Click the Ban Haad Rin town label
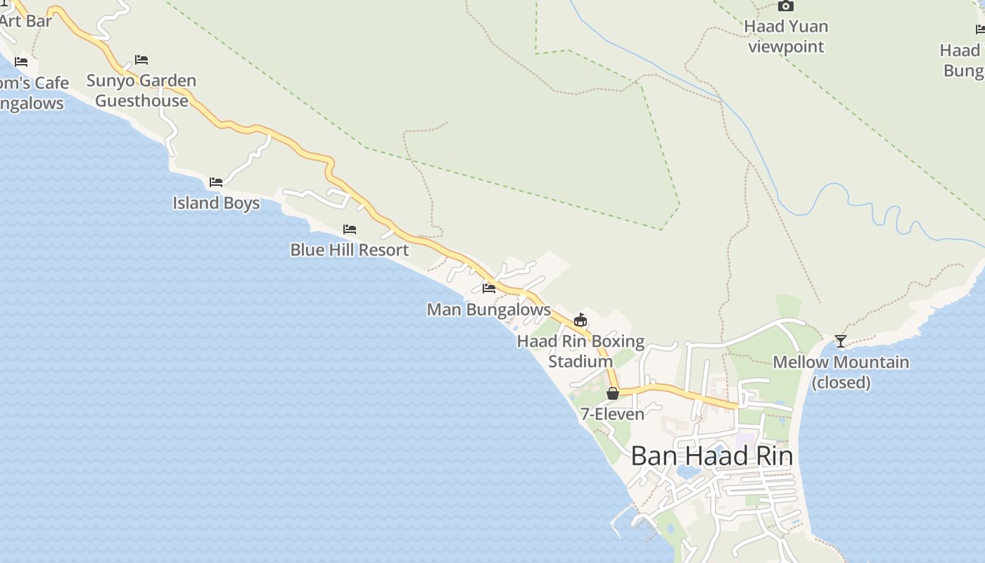coord(711,456)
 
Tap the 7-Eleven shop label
coord(612,414)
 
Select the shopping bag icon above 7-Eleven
coord(613,393)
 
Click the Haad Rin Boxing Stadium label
coord(580,351)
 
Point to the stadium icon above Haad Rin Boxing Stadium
coord(580,320)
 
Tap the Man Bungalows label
coord(489,310)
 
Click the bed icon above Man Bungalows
coord(489,288)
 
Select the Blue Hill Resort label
coord(350,250)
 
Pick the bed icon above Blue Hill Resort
coord(350,229)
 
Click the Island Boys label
coord(216,203)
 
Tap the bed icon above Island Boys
coord(216,182)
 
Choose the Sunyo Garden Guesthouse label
coord(141,91)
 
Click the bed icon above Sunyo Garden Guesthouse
coord(141,60)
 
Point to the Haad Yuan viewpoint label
coord(786,37)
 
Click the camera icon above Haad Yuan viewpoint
coord(786,6)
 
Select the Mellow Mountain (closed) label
coord(841,372)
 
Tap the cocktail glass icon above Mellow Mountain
coord(841,341)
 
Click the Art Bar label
coord(26,21)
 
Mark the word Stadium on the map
coord(580,362)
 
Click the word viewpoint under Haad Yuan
coord(786,47)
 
